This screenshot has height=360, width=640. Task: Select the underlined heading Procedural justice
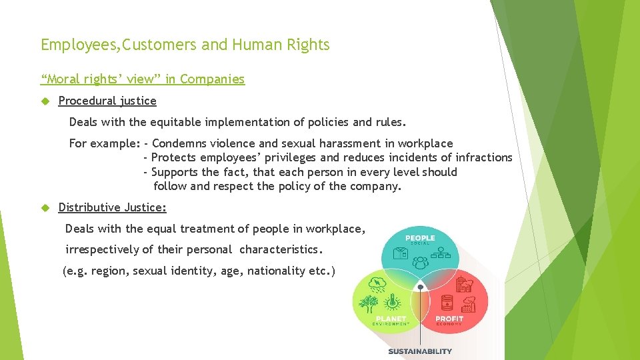(x=107, y=101)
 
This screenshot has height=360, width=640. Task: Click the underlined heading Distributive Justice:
(x=112, y=207)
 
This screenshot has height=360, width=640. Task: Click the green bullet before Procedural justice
(x=45, y=101)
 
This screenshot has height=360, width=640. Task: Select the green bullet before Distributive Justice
(x=45, y=208)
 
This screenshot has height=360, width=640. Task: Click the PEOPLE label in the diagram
(x=420, y=239)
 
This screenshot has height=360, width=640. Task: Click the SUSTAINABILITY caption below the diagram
(x=420, y=351)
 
